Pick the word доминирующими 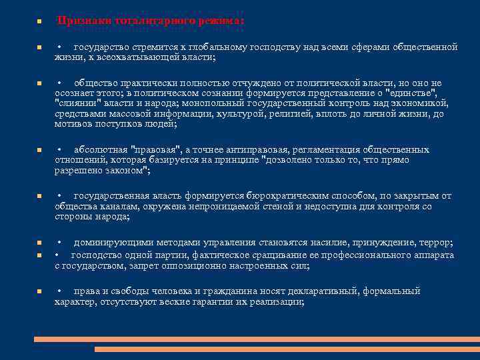(113, 243)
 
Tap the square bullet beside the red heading (38, 21)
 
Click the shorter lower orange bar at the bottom (287, 349)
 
